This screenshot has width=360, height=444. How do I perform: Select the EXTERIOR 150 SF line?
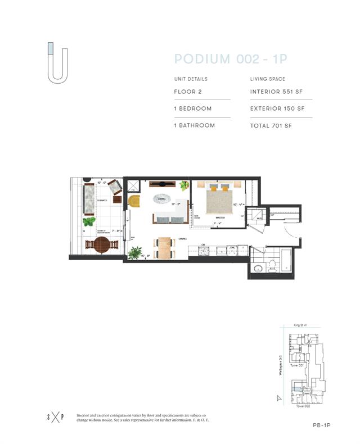pos(277,108)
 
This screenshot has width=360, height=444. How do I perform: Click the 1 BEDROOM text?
pos(193,108)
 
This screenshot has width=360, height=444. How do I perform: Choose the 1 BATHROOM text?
pos(195,126)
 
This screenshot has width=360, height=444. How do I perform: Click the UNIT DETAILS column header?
pos(191,79)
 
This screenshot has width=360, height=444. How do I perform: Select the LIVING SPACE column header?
pos(268,79)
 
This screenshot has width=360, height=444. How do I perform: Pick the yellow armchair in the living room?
pos(134,201)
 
